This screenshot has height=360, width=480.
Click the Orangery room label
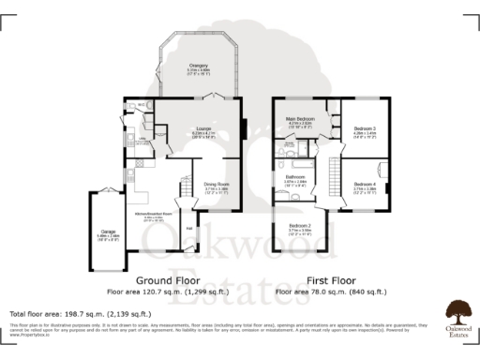pyautogui.click(x=198, y=66)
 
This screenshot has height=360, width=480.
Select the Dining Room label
pyautogui.click(x=217, y=185)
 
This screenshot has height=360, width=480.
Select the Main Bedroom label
pyautogui.click(x=300, y=120)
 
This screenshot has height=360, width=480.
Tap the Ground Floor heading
pyautogui.click(x=169, y=280)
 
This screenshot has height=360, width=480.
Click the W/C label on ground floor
pyautogui.click(x=141, y=104)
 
